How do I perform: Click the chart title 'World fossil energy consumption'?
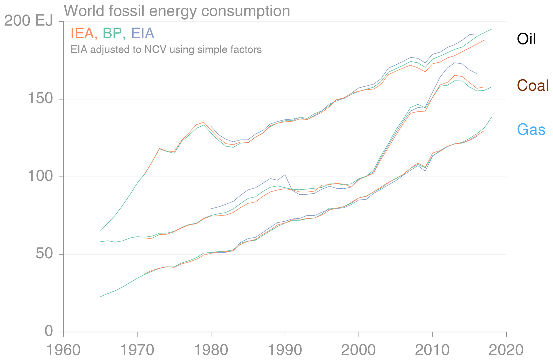[177, 11]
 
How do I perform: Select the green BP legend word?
[112, 33]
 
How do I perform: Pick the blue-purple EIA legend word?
[143, 33]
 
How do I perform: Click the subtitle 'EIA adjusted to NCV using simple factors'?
[166, 50]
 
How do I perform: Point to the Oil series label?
[526, 39]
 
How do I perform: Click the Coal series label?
[533, 86]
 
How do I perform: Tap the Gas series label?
[531, 130]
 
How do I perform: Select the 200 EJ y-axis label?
[29, 21]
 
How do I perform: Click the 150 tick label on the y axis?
[40, 99]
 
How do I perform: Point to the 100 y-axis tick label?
[40, 177]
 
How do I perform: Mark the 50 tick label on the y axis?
[44, 254]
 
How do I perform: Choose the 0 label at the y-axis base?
[49, 331]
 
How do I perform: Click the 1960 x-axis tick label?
[64, 350]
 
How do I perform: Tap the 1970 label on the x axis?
[137, 350]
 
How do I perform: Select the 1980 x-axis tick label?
[211, 350]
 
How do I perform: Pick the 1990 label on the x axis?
[285, 350]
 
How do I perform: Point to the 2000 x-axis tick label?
[359, 350]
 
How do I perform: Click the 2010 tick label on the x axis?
[432, 350]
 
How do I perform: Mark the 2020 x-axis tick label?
[506, 350]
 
